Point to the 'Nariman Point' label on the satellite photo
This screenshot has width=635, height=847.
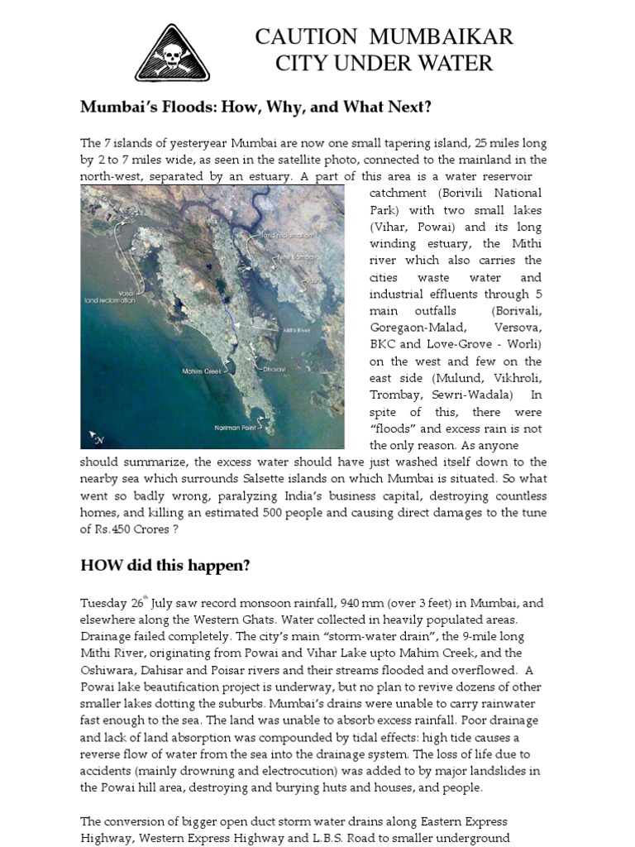coord(234,428)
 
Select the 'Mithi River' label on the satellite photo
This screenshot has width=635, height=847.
coord(299,329)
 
